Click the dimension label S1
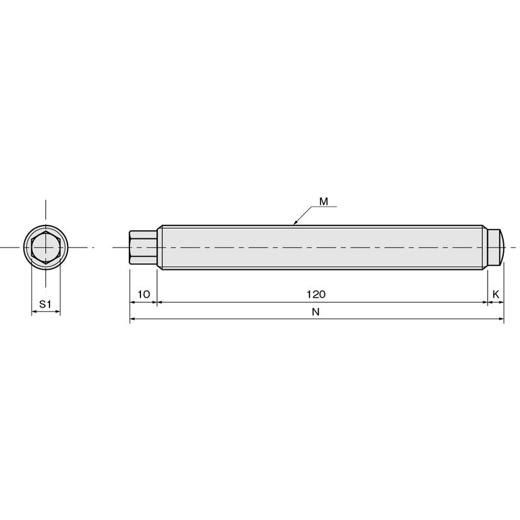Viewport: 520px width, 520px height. (x=45, y=304)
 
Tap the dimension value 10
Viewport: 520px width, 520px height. (x=144, y=294)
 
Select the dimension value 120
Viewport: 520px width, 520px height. (x=316, y=294)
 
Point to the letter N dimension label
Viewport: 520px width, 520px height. (x=316, y=312)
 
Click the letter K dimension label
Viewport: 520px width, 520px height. (x=496, y=294)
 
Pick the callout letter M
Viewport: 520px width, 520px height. (x=324, y=201)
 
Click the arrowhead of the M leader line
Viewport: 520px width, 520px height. (x=295, y=223)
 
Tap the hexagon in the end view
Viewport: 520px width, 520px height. (x=45, y=248)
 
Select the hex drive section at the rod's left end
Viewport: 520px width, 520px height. (x=143, y=248)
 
